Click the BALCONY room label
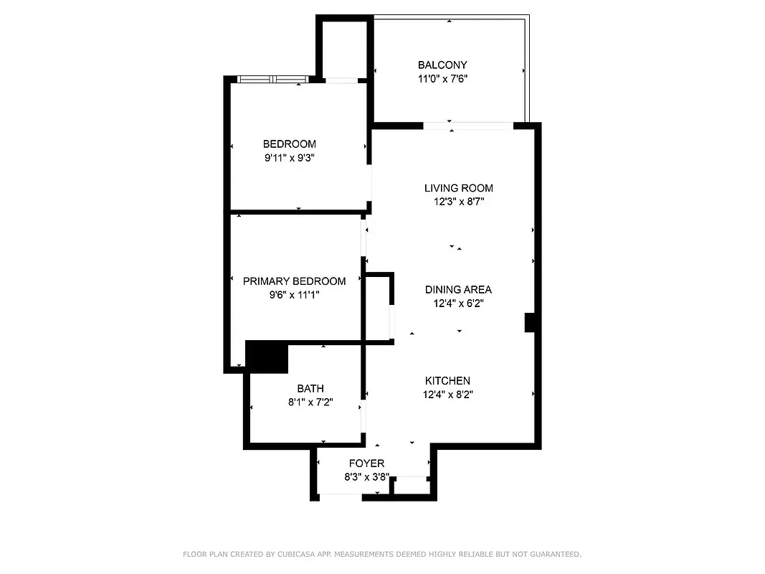tap(442, 65)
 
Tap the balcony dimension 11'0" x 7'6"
tap(442, 79)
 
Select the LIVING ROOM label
tap(459, 188)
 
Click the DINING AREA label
tap(458, 289)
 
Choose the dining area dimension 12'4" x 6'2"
tap(458, 303)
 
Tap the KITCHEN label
tap(447, 380)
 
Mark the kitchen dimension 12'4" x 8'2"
tap(447, 394)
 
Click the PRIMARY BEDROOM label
tap(294, 281)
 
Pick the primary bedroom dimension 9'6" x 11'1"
tap(294, 295)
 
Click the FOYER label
tap(366, 464)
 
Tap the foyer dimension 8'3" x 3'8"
tap(366, 477)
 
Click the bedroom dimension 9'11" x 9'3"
tap(289, 158)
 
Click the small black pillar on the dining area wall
tap(531, 322)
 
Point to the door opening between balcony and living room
tap(467, 126)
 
